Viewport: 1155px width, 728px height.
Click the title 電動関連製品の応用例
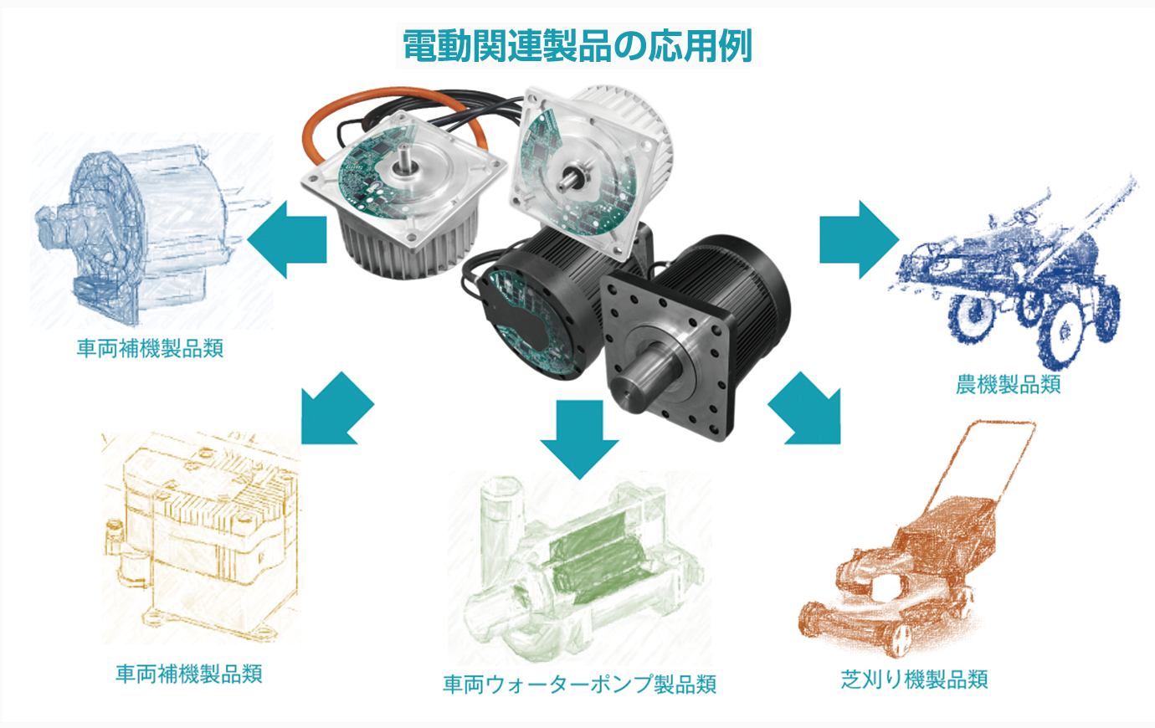(x=577, y=46)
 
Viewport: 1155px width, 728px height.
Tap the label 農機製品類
(x=1008, y=385)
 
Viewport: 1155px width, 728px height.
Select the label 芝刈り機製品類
(x=914, y=679)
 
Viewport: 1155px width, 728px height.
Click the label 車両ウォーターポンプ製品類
(x=579, y=684)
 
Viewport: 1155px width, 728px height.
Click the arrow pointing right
(x=860, y=240)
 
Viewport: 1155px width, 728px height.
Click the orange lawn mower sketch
(x=907, y=556)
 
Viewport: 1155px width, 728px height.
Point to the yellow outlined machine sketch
(x=201, y=536)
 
